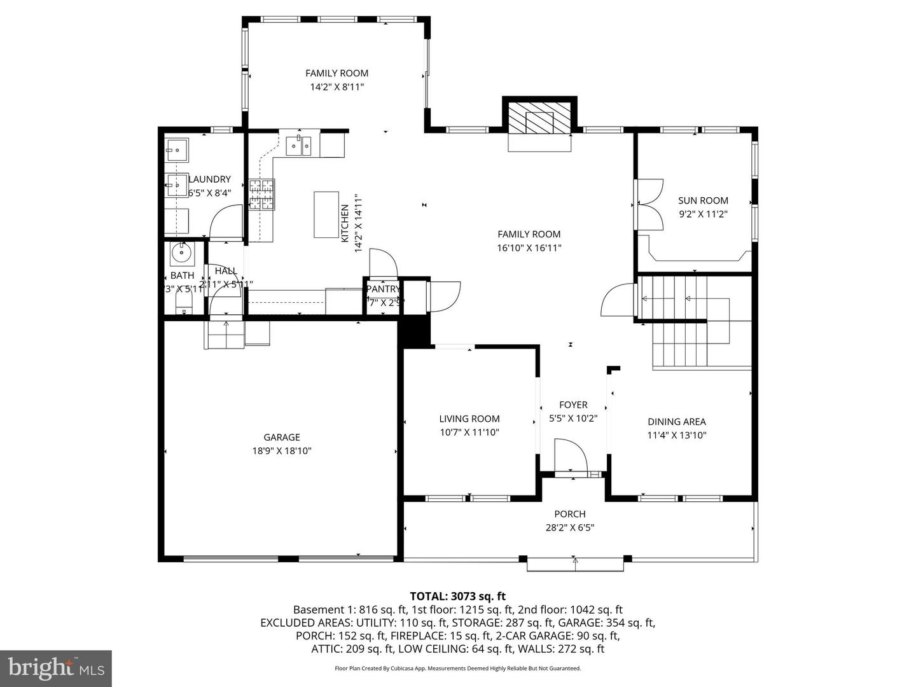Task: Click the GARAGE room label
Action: point(282,437)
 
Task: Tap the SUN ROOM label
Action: point(703,200)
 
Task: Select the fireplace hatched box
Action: point(539,120)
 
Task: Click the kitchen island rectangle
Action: point(326,214)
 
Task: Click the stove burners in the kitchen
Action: point(262,195)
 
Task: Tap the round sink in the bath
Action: point(181,253)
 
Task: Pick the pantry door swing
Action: point(384,262)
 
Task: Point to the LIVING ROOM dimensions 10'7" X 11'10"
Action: point(469,433)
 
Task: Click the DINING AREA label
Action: point(677,421)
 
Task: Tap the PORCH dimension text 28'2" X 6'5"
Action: point(570,527)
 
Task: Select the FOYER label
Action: point(573,405)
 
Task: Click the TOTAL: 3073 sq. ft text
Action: point(457,596)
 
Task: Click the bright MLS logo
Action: point(55,668)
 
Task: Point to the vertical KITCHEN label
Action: point(344,223)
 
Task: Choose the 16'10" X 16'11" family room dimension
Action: point(529,248)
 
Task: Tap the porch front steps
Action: point(575,564)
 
